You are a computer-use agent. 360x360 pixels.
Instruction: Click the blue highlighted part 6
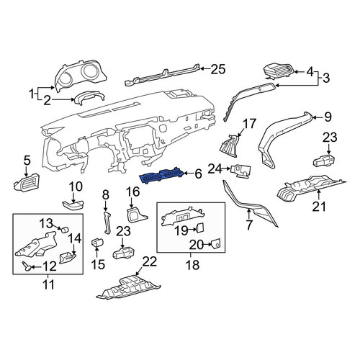coord(162,175)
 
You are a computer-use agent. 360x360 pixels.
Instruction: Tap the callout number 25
coord(218,69)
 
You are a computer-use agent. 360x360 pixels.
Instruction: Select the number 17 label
coord(250,124)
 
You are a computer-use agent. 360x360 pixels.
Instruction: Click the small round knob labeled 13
coord(64,230)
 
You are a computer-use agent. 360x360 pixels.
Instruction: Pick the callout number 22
coord(150,261)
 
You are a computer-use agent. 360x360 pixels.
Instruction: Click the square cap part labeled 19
coord(200,228)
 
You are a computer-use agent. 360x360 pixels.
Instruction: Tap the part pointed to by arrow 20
coord(215,243)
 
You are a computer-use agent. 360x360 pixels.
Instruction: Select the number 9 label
coord(328,117)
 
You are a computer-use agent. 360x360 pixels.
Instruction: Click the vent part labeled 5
coord(27,182)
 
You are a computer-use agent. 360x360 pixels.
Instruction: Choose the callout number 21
coord(319,207)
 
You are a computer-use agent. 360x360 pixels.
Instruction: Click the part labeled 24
coord(240,171)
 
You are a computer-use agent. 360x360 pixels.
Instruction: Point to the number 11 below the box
coord(48,285)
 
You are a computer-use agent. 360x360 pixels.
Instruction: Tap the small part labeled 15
coord(96,243)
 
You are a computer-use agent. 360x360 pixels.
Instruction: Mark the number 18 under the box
coord(192,265)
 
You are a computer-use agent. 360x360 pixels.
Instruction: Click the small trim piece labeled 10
coord(73,206)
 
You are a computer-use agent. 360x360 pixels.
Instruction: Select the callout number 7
coord(249,225)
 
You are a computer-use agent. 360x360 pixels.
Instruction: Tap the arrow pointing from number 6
coord(189,174)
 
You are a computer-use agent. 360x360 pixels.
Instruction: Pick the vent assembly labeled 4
coord(279,72)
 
